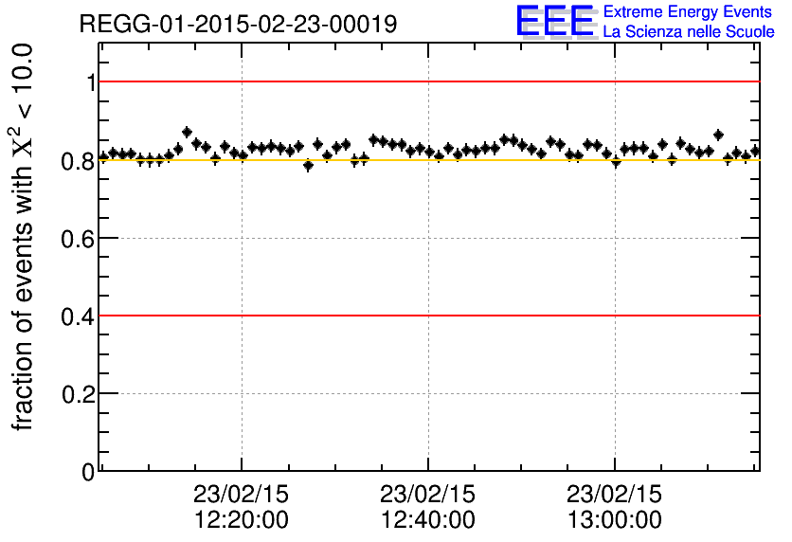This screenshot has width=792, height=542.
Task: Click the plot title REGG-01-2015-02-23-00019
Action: (238, 24)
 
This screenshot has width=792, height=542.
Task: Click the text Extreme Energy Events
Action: (688, 12)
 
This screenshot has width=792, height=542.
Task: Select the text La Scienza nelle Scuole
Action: (688, 32)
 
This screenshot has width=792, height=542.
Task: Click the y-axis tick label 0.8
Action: (79, 160)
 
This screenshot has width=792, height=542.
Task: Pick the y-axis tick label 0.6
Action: (79, 238)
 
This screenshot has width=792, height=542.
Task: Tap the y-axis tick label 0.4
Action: (79, 316)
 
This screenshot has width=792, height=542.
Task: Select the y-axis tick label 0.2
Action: (79, 393)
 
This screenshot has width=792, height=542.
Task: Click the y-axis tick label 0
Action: (88, 471)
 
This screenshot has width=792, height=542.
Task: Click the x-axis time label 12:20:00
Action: (242, 520)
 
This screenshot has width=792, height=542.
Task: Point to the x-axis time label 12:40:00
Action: (428, 520)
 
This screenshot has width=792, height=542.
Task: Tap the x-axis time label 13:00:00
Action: (615, 520)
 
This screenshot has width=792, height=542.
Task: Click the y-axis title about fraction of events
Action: (23, 237)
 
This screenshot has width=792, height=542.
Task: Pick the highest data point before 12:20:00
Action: (187, 133)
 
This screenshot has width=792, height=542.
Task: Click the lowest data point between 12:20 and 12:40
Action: (308, 165)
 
